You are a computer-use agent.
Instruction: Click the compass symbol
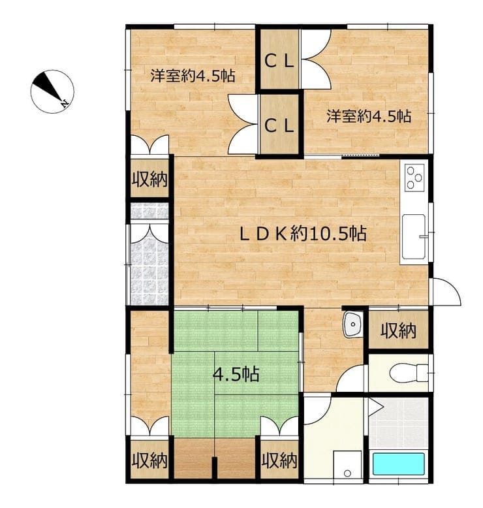(52, 91)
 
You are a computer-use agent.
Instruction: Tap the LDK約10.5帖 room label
(303, 233)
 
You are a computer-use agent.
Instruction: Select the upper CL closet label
(279, 61)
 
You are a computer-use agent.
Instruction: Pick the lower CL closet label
(279, 125)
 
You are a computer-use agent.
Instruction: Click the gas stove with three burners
(414, 178)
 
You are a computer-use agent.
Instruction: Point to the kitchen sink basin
(414, 236)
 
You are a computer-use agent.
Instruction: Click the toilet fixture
(409, 373)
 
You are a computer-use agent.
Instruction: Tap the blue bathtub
(398, 464)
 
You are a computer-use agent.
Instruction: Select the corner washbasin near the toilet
(352, 325)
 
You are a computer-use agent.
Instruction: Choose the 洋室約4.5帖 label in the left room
(193, 76)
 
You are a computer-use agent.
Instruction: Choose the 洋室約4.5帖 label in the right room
(369, 116)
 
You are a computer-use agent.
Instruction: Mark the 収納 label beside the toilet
(398, 331)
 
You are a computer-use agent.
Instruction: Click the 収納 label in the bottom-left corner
(149, 460)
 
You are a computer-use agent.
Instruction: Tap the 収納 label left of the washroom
(279, 460)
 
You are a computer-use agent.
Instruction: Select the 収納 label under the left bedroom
(149, 179)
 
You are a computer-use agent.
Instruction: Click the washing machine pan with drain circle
(348, 464)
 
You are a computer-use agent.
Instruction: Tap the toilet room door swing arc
(351, 379)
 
